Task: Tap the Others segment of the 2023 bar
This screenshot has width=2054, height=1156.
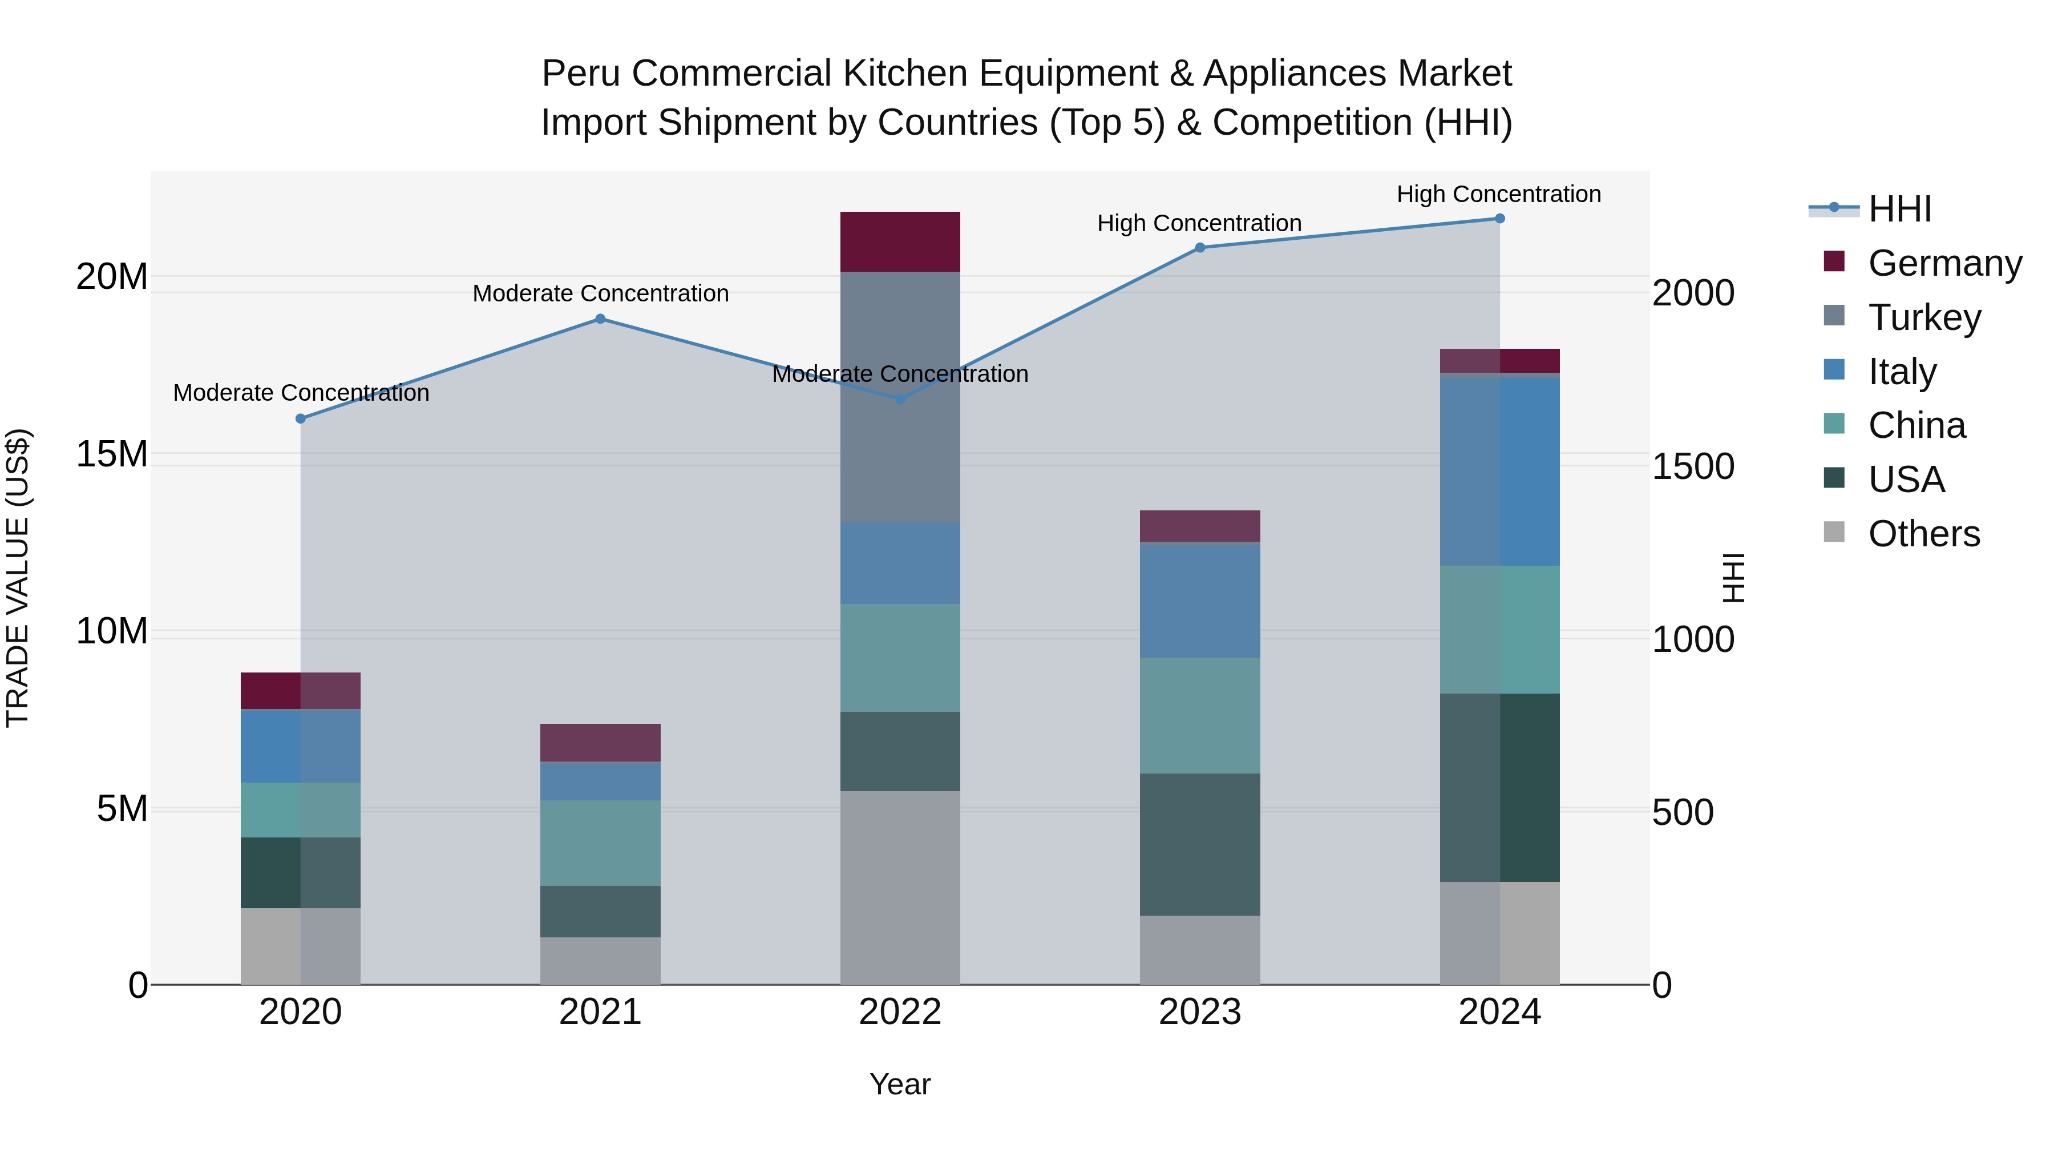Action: point(1199,949)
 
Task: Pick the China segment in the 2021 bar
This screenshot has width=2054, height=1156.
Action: point(600,843)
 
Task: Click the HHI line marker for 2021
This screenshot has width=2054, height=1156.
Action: point(600,319)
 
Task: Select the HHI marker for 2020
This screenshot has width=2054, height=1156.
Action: point(301,419)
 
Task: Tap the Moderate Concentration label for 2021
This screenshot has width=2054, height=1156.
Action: point(600,293)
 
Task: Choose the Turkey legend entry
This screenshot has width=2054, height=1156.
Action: point(1924,317)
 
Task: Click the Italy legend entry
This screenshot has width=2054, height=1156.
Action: point(1902,372)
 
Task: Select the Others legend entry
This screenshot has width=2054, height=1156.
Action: point(1923,534)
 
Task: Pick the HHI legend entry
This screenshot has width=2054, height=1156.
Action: point(1899,209)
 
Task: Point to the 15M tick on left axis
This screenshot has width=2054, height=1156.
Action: point(112,455)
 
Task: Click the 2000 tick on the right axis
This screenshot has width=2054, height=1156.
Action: point(1693,293)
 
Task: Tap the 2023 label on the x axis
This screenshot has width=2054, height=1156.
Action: point(1199,1012)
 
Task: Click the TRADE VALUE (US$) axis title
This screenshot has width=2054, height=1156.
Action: point(18,578)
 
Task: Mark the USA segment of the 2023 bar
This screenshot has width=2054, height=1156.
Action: point(1199,844)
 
